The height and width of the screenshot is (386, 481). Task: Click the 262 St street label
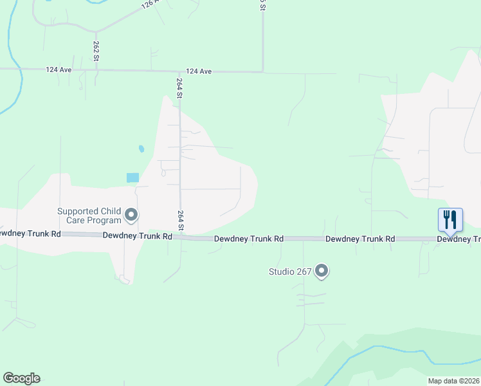(x=96, y=51)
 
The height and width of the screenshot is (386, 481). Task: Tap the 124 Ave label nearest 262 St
(x=57, y=69)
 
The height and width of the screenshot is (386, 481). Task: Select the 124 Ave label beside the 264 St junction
(x=199, y=71)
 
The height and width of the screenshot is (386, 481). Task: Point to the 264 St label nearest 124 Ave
(x=180, y=87)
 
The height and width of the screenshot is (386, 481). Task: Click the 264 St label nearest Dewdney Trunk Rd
(x=181, y=221)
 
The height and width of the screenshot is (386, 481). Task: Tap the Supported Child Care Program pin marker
(x=131, y=215)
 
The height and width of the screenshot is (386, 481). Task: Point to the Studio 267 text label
(x=290, y=271)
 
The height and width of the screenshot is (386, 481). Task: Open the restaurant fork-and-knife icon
(x=450, y=220)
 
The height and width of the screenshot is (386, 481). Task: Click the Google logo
(x=21, y=378)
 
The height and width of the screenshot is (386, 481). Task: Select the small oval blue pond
(x=141, y=149)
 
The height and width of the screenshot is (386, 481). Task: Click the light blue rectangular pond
(x=132, y=178)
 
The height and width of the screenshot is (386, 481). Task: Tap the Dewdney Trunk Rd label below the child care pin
(x=138, y=236)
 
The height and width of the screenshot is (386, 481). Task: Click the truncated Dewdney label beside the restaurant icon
(x=458, y=239)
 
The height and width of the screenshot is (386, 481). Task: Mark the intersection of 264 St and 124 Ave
(x=179, y=71)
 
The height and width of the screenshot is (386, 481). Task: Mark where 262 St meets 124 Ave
(x=96, y=69)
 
